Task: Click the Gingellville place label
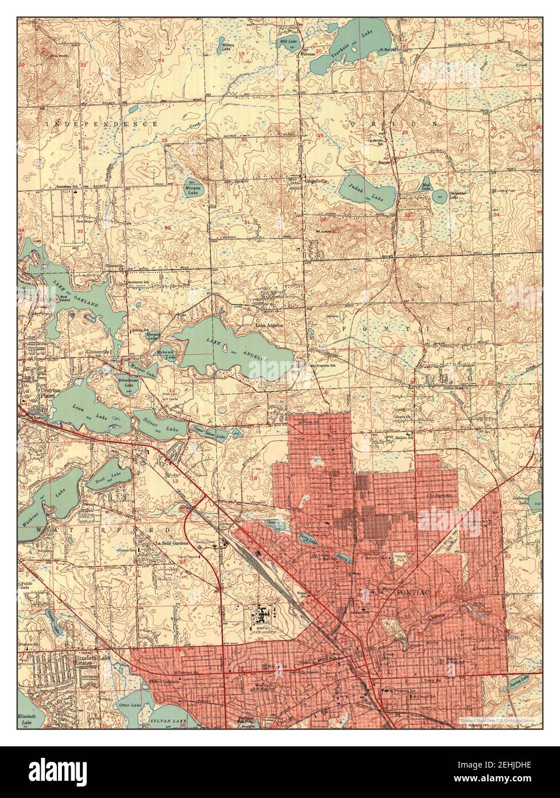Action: [x=315, y=180]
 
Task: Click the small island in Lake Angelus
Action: [x=226, y=349]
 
